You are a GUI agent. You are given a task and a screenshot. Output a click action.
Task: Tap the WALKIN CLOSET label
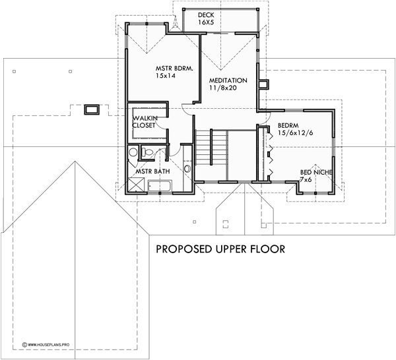[145, 121]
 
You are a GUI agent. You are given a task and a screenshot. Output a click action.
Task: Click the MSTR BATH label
[152, 171]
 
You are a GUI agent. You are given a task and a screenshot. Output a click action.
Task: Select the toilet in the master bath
[148, 154]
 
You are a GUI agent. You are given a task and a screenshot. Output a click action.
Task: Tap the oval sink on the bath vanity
[187, 169]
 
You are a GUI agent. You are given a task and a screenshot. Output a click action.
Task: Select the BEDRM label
[289, 125]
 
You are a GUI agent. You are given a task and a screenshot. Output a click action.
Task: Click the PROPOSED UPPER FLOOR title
[220, 250]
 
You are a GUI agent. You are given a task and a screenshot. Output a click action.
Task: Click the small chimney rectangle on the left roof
[91, 109]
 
